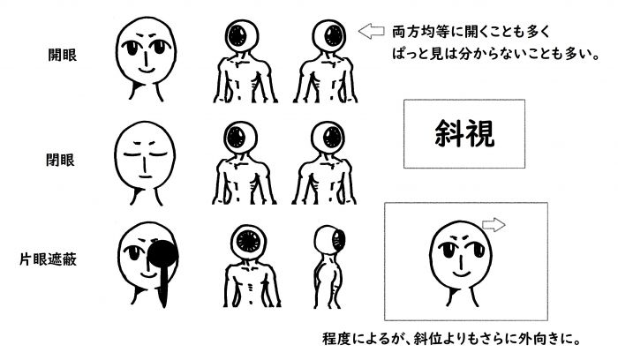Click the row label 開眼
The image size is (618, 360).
tap(62, 55)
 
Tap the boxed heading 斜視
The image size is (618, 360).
tap(463, 133)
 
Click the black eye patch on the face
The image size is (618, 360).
tap(164, 256)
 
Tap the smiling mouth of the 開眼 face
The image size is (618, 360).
tap(144, 66)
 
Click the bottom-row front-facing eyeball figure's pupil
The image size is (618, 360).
tap(251, 241)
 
